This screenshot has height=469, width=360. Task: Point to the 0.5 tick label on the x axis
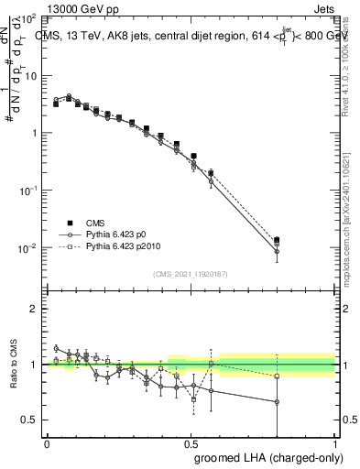(191, 442)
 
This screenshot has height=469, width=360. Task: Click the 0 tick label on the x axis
(47, 442)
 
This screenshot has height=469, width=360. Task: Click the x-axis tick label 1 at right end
(335, 442)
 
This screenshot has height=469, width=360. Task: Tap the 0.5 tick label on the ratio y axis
(30, 420)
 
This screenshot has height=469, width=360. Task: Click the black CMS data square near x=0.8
(278, 241)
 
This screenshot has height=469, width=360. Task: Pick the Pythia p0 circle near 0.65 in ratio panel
(278, 401)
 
